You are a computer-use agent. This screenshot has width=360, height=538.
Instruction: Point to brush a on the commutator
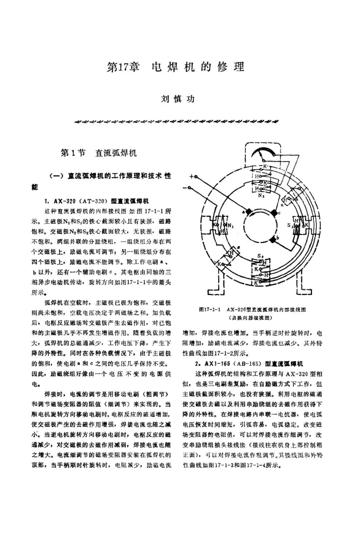coord(244,212)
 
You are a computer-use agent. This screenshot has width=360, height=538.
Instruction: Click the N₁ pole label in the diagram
coord(231,226)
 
